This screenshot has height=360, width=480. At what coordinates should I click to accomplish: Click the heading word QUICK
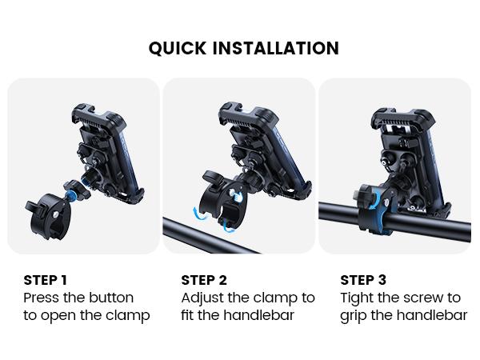point(177,48)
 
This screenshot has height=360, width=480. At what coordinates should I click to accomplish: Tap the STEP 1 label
point(46,280)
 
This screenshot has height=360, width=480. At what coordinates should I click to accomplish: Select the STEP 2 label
point(204,280)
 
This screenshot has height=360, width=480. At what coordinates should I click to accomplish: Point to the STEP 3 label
point(363,280)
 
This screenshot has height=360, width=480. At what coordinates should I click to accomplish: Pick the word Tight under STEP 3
point(359,298)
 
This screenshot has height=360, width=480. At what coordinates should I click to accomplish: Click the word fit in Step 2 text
point(189,315)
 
